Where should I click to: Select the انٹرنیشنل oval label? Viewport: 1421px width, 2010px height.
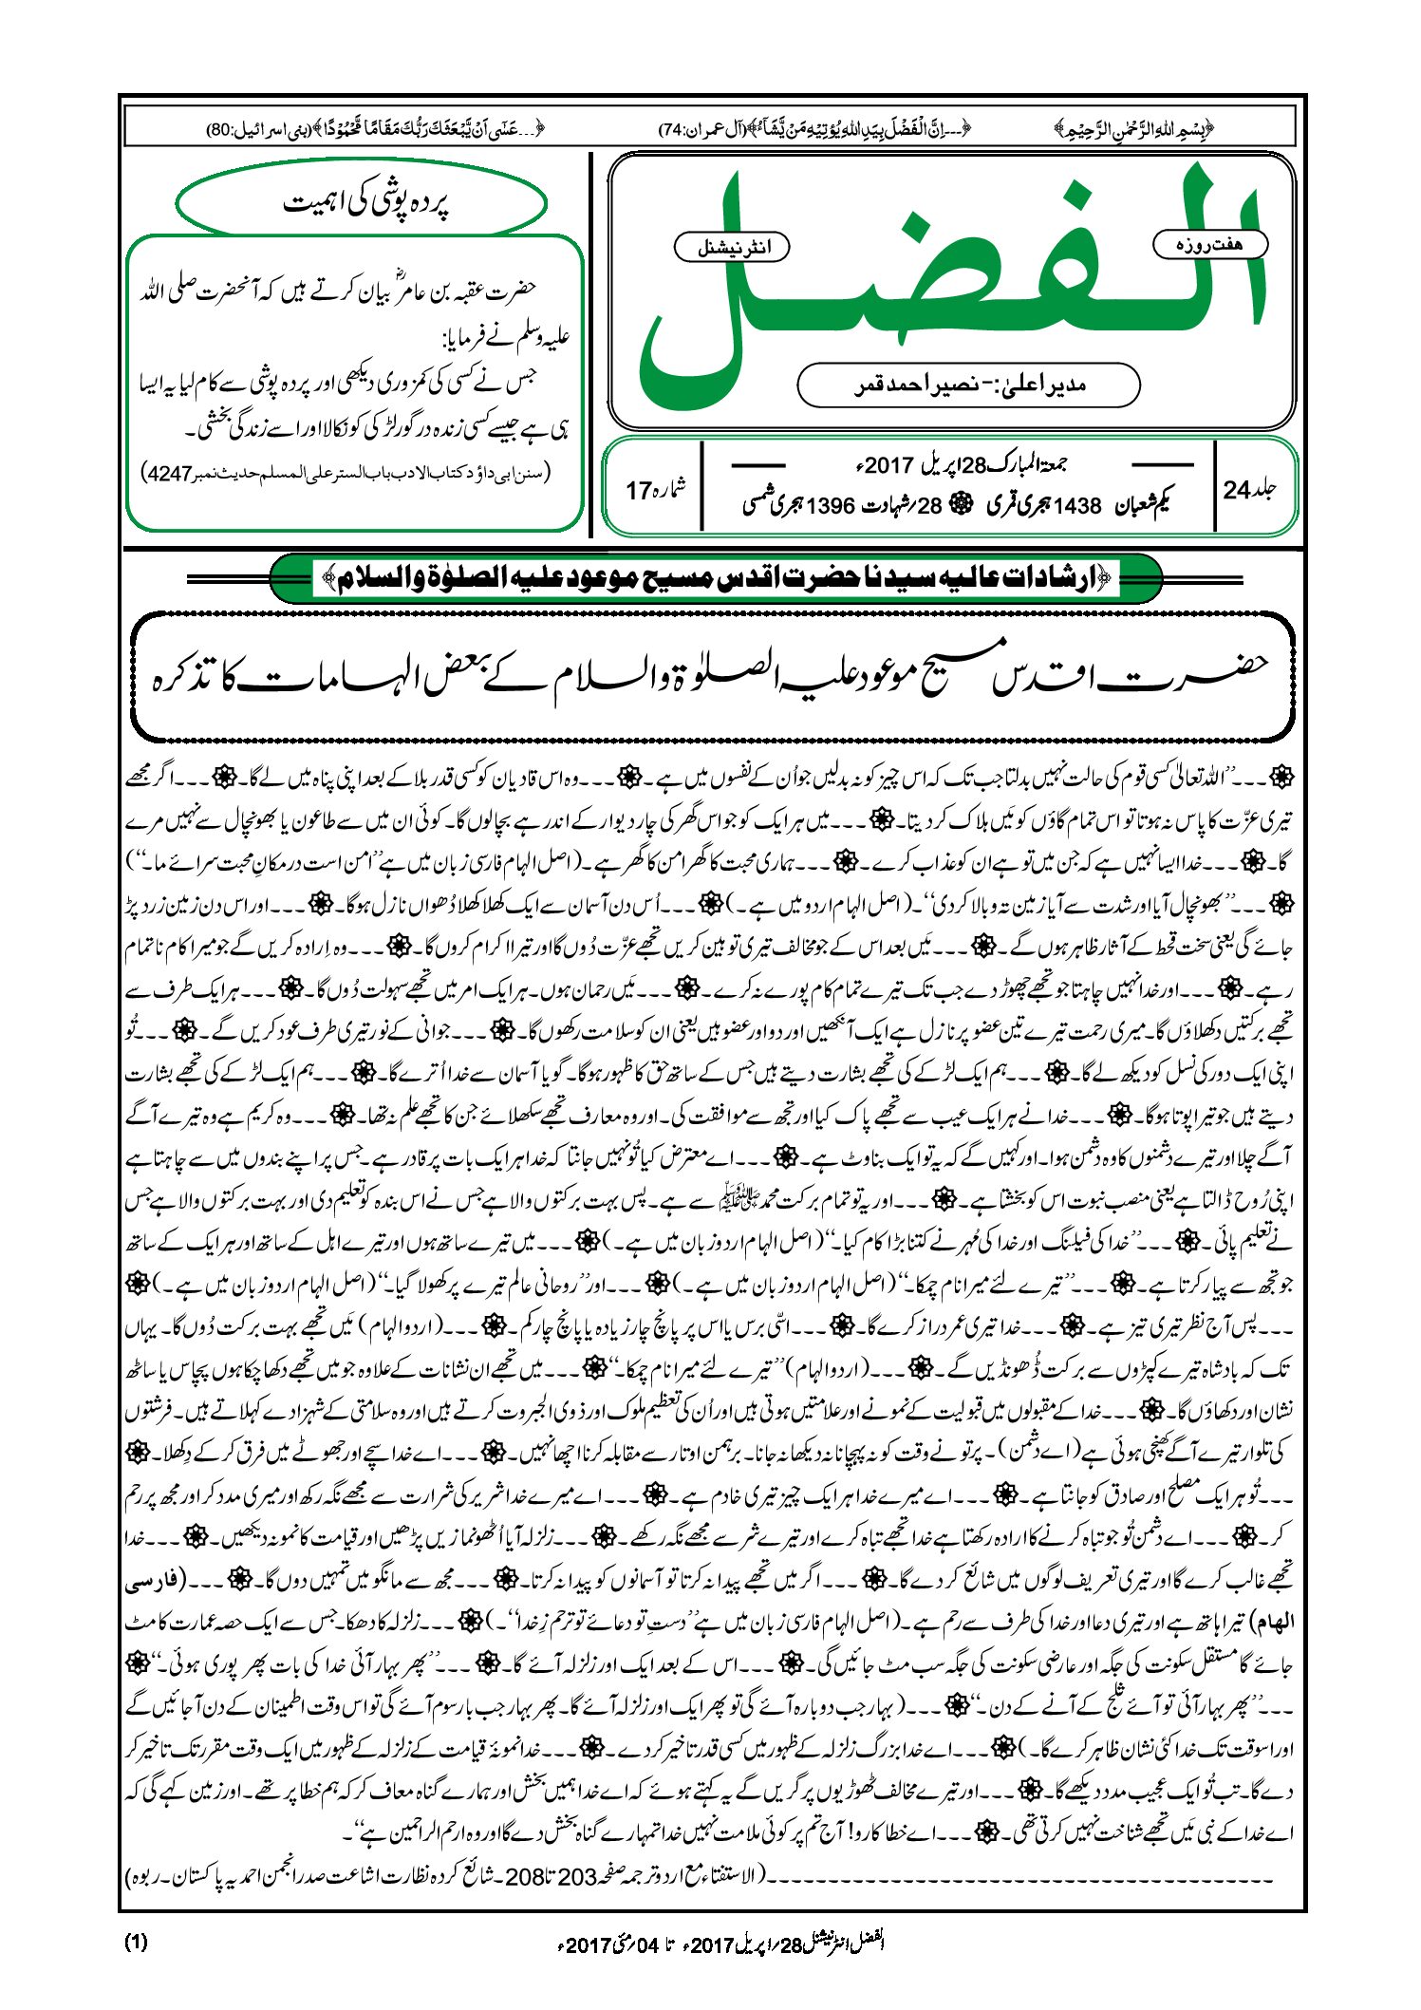coord(732,248)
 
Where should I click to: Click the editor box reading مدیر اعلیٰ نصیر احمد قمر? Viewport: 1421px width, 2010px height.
coord(968,385)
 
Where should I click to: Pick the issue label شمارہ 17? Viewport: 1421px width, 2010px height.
coord(656,490)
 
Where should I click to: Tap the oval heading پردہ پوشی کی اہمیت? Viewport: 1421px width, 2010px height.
coord(363,203)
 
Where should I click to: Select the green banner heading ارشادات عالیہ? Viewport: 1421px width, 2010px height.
coord(716,577)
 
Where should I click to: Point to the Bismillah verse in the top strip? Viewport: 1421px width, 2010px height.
coord(1134,128)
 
